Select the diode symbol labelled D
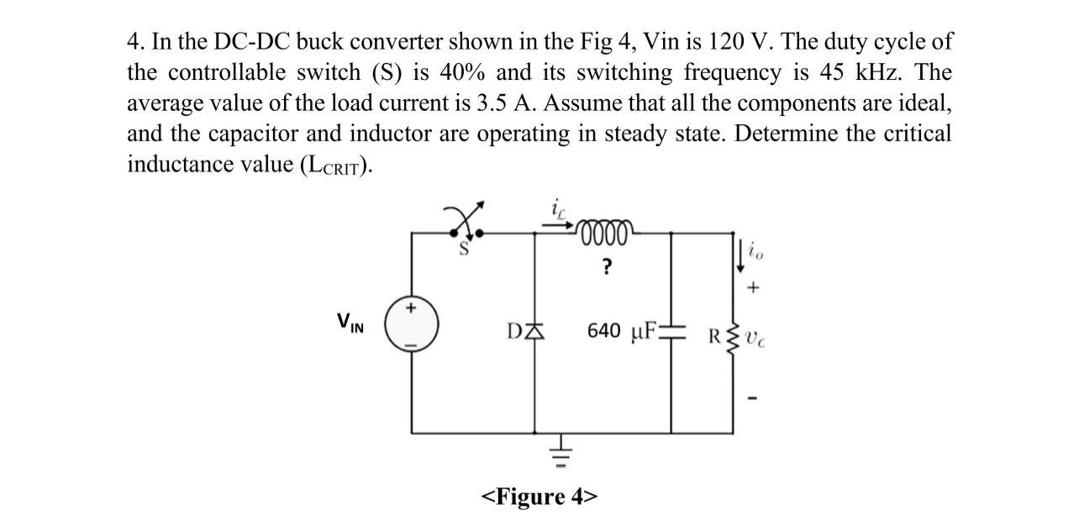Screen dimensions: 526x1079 coord(536,331)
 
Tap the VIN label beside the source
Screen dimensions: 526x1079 coord(350,322)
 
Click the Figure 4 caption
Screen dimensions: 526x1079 coord(539,496)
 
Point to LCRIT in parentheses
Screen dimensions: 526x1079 coord(330,165)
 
